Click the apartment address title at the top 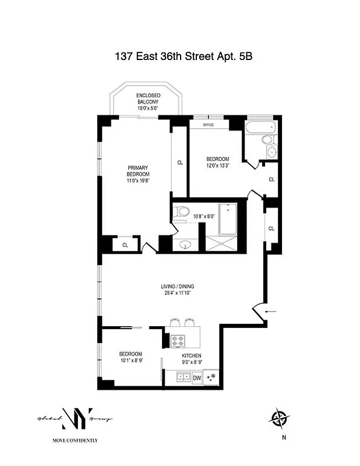[181, 57]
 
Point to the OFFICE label [208, 125]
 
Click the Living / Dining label [178, 286]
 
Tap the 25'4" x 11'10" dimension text [178, 293]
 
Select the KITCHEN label [191, 355]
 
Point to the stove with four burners [178, 340]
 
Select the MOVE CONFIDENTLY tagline [75, 440]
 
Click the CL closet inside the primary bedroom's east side [179, 163]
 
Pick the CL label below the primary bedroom [125, 245]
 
